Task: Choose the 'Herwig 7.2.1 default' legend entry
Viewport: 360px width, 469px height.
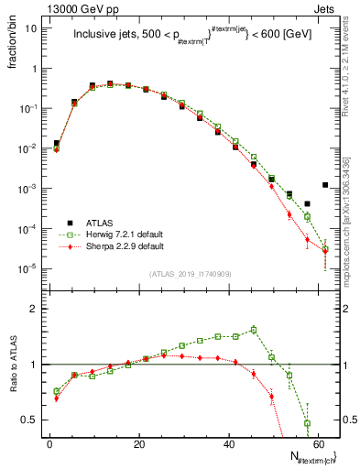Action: click(x=127, y=234)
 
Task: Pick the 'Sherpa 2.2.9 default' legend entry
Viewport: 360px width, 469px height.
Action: click(x=127, y=245)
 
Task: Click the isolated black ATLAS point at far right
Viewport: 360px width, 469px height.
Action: click(x=325, y=185)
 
